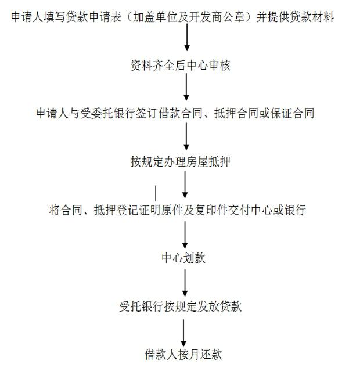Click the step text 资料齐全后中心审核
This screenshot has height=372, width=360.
click(x=181, y=65)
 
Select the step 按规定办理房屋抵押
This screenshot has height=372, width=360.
click(x=181, y=162)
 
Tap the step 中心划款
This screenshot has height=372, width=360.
click(x=183, y=258)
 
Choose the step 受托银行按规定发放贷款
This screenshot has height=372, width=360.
click(x=181, y=306)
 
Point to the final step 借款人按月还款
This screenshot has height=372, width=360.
click(x=183, y=354)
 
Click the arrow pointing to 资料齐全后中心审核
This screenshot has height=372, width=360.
click(x=187, y=37)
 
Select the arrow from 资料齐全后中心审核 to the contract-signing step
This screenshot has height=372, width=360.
click(x=186, y=87)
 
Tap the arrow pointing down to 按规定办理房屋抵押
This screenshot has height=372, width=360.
click(x=186, y=136)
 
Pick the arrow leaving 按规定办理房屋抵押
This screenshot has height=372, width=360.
click(x=185, y=185)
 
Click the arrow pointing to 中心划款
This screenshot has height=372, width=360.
click(x=185, y=235)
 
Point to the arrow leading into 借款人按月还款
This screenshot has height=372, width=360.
click(x=183, y=333)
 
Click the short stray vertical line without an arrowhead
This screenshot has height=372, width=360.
click(x=156, y=193)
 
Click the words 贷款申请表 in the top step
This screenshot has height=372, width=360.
click(x=93, y=17)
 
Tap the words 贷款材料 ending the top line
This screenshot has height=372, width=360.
click(x=312, y=17)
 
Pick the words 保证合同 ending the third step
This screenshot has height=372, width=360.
click(x=293, y=113)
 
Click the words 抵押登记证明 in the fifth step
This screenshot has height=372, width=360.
click(x=122, y=210)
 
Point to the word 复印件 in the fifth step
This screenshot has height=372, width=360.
click(x=211, y=210)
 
